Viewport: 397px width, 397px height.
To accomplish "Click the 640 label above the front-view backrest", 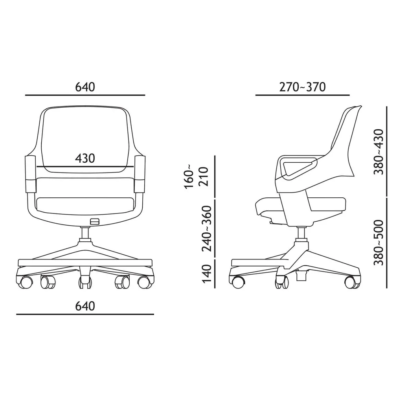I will click(85, 87).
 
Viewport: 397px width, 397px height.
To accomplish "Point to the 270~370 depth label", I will click(302, 87).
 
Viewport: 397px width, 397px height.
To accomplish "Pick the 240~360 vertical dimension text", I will click(207, 229).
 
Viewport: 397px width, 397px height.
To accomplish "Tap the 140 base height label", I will click(207, 274).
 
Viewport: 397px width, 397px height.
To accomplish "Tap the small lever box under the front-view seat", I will click(94, 222).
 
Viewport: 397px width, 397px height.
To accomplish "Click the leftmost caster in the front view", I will click(26, 281).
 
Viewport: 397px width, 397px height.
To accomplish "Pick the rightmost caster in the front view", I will click(143, 281).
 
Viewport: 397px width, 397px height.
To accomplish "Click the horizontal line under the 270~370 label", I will click(302, 95).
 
